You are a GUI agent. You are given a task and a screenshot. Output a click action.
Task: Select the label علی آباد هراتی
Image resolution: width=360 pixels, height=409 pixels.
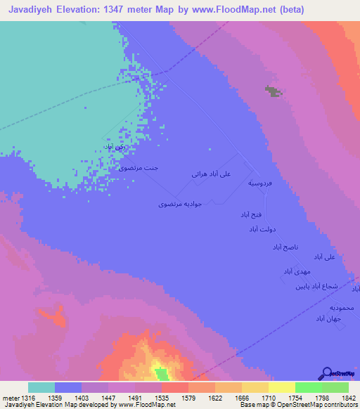(211, 172)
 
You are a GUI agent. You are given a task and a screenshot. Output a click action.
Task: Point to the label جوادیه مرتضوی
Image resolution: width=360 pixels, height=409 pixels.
(180, 203)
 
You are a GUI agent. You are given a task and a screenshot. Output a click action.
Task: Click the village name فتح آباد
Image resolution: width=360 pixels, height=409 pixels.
(251, 213)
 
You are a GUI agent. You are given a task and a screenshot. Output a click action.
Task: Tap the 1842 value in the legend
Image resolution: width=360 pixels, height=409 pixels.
(340, 398)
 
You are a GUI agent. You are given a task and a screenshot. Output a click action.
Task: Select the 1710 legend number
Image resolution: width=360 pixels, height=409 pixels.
(258, 398)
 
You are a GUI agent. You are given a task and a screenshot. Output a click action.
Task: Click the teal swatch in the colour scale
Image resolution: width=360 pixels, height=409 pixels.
(41, 387)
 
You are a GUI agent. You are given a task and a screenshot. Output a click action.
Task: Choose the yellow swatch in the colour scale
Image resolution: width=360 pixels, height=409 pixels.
(281, 387)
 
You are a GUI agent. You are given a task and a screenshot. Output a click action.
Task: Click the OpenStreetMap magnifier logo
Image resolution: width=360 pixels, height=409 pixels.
(326, 373)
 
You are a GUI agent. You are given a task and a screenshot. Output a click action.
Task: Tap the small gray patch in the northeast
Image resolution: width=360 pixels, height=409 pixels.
(271, 91)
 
